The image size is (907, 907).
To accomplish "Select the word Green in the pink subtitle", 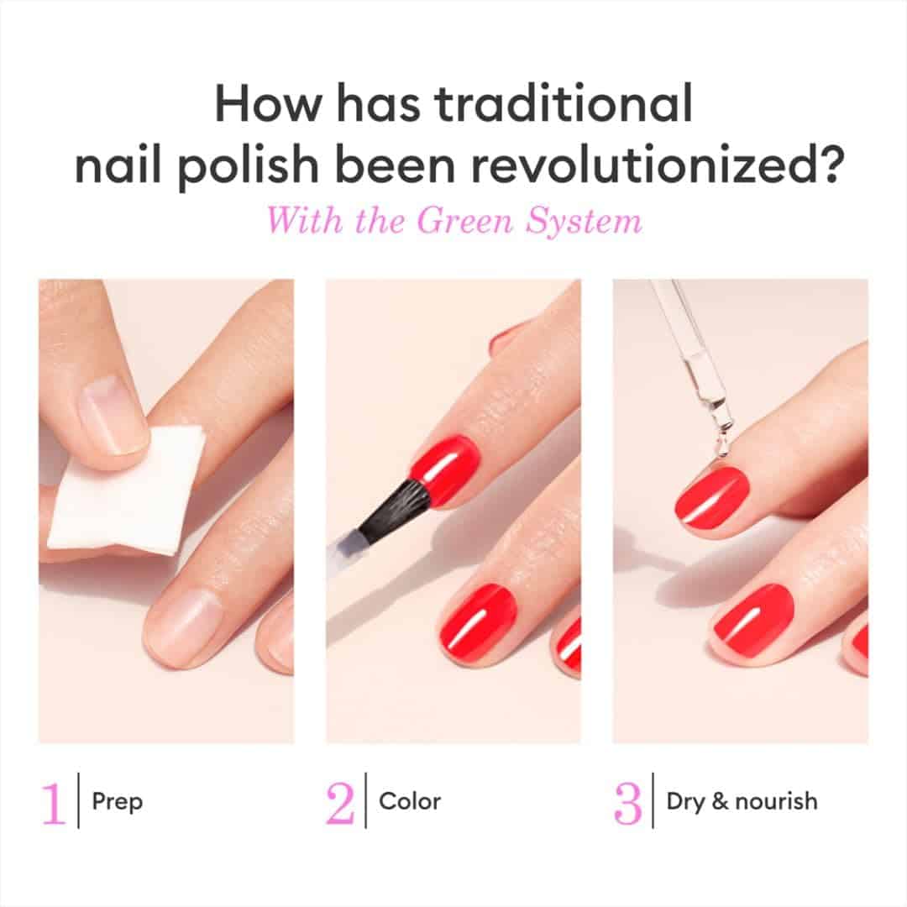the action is [464, 221].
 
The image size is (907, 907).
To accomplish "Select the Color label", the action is [410, 802].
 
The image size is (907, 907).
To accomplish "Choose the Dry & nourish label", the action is [742, 802].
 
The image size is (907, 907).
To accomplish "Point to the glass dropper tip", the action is [722, 443].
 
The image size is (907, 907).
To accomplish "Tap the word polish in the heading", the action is [248, 165].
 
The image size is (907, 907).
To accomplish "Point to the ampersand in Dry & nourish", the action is [720, 801].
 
